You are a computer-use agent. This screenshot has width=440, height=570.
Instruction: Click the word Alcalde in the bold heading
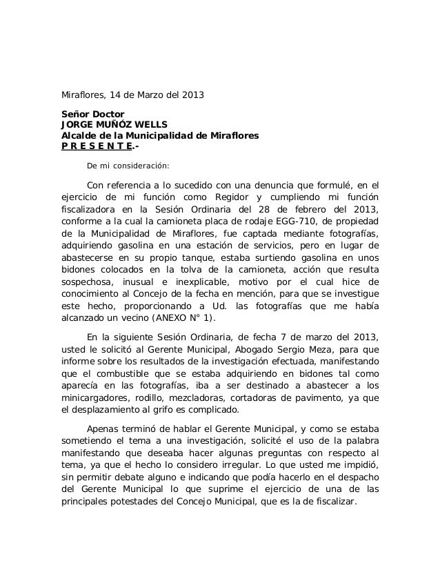pos(81,136)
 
